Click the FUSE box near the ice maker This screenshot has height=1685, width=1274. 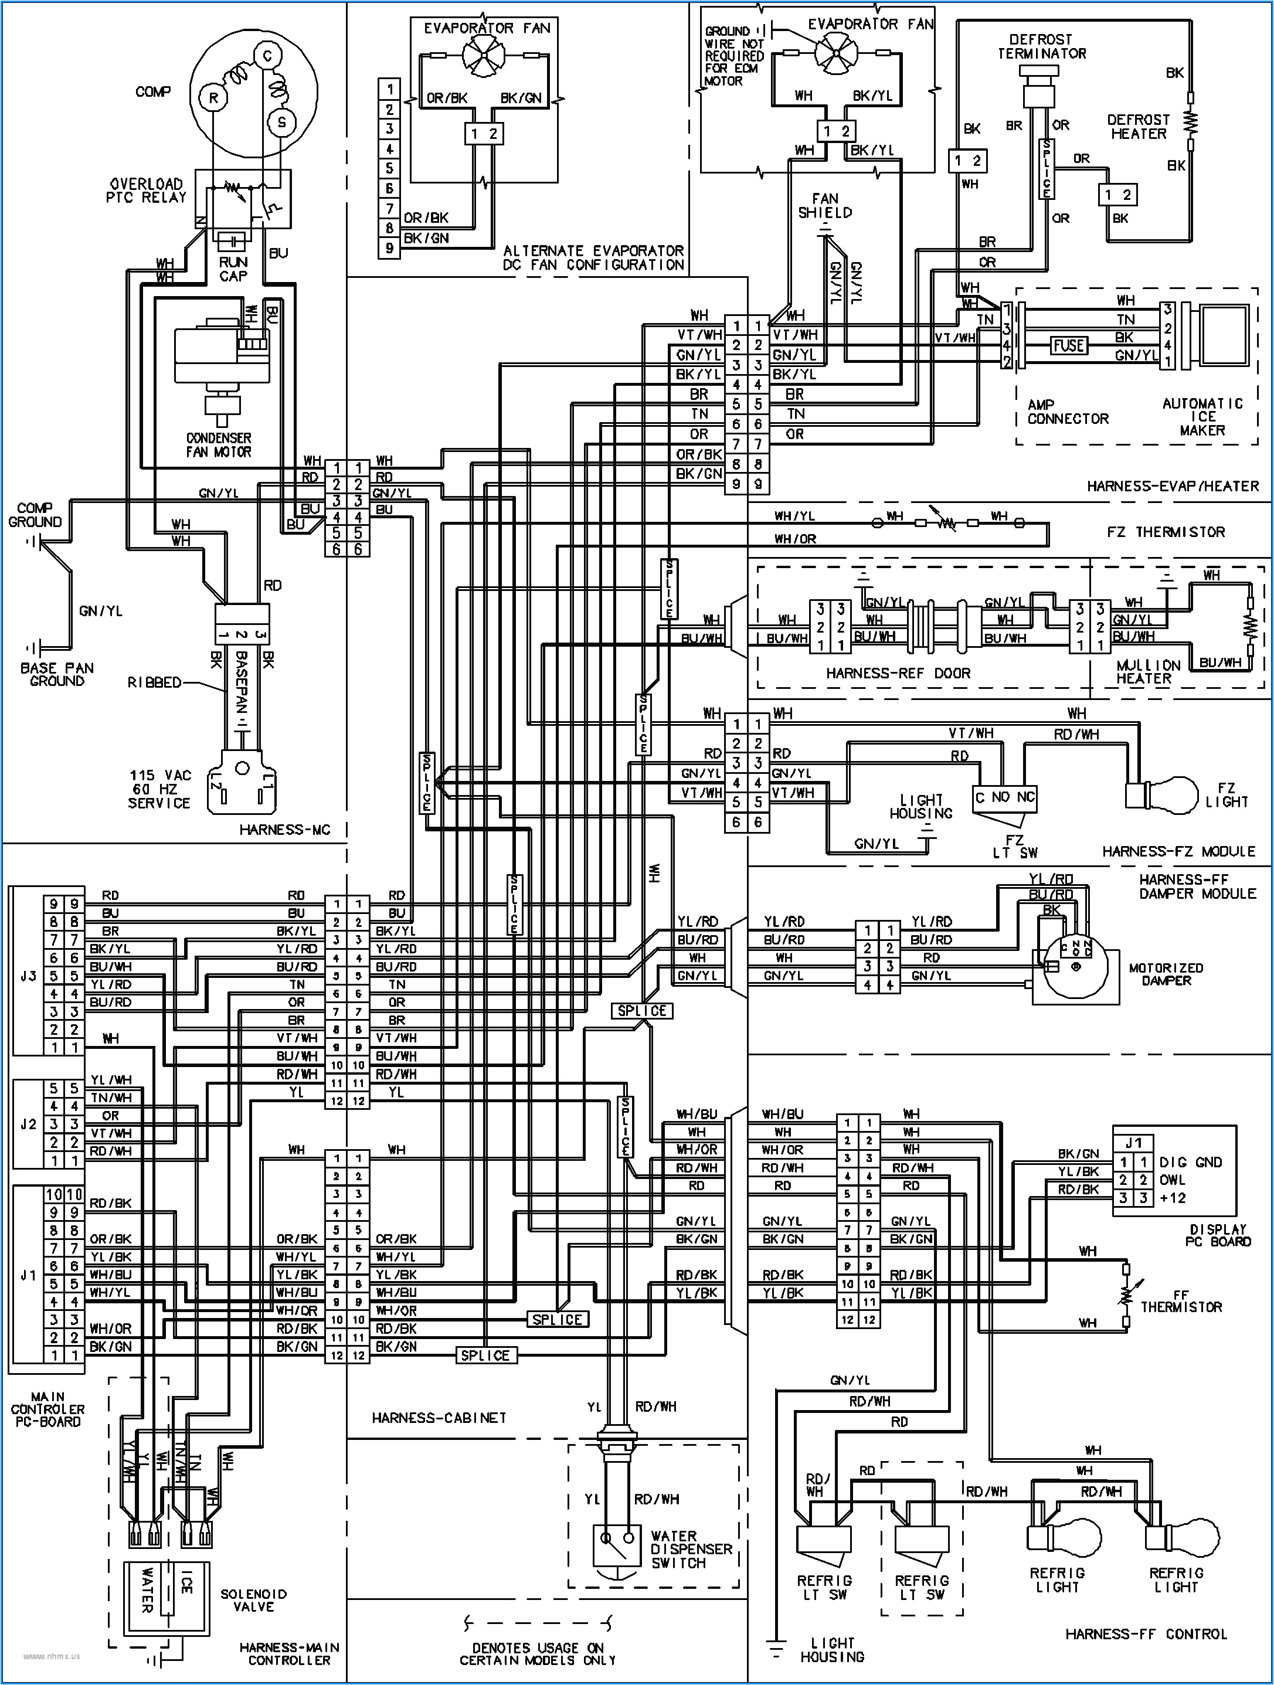(x=1068, y=346)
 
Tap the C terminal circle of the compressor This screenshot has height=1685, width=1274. (x=267, y=56)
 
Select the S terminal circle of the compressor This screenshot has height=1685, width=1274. (x=281, y=122)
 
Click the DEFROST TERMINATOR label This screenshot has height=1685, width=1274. (x=1042, y=46)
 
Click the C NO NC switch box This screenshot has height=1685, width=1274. (x=1005, y=797)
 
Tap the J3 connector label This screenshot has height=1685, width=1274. (x=28, y=975)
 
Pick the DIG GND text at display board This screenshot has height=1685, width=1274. (x=1190, y=1163)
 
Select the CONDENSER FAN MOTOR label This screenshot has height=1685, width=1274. (x=219, y=445)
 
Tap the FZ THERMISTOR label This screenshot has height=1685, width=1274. (x=1165, y=532)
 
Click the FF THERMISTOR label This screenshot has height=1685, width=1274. (x=1180, y=1300)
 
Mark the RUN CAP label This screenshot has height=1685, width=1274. (x=233, y=268)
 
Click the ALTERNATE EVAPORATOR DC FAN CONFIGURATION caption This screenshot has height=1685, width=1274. (x=593, y=257)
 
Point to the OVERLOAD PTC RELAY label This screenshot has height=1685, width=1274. (x=147, y=191)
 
